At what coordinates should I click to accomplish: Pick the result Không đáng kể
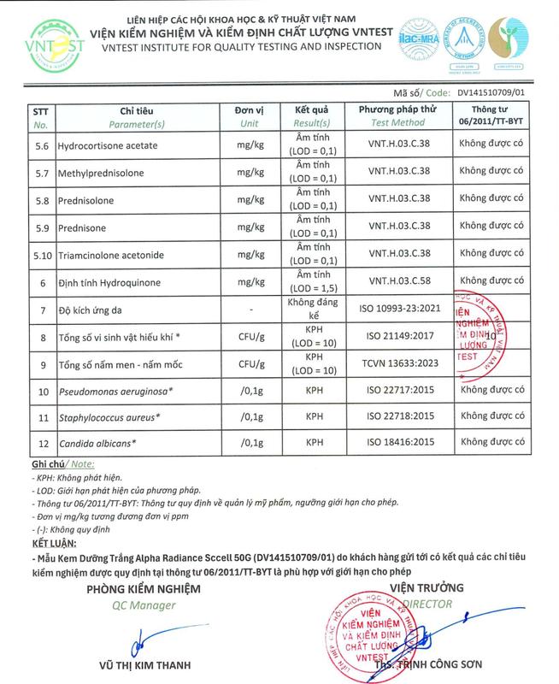coord(312,309)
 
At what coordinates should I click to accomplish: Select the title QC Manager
coord(143,605)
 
